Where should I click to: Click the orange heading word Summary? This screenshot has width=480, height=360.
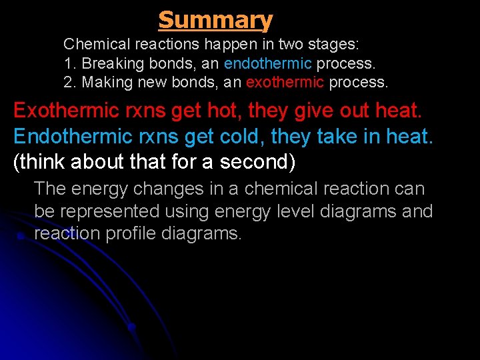[215, 20]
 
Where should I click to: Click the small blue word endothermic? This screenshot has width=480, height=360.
[267, 64]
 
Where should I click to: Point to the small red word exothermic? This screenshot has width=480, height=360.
[285, 83]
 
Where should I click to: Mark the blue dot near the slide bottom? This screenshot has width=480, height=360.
[131, 327]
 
